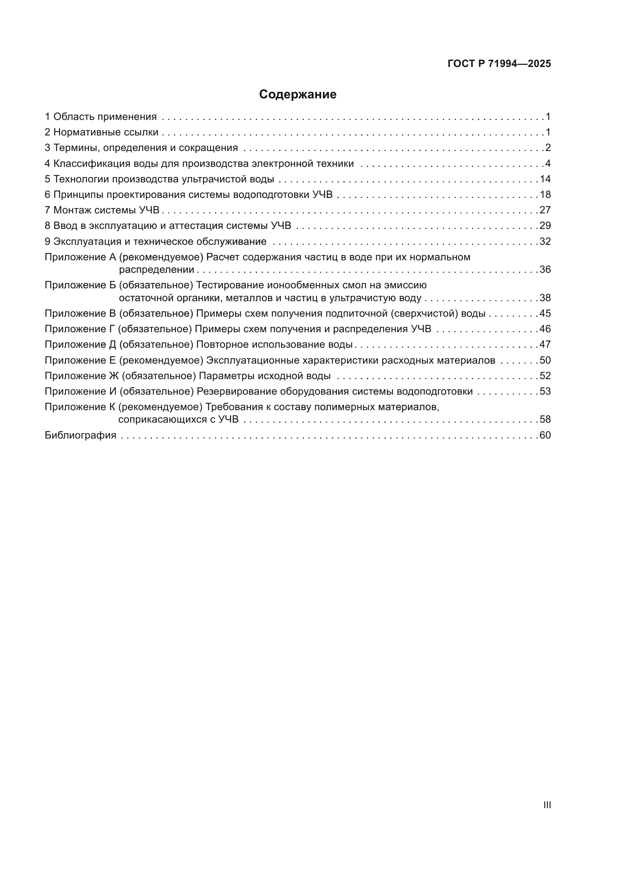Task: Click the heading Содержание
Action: click(297, 95)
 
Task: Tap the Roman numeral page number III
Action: click(547, 805)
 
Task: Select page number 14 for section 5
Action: click(545, 179)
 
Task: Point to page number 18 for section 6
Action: click(545, 194)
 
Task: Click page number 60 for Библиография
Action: click(545, 436)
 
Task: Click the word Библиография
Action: click(80, 436)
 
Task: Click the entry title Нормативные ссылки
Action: click(106, 132)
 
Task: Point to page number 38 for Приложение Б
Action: click(545, 298)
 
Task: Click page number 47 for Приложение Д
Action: click(545, 345)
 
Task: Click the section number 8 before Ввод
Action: click(47, 226)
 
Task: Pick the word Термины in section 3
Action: click(76, 148)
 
